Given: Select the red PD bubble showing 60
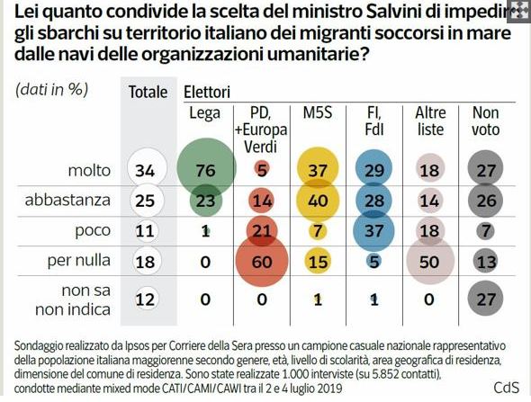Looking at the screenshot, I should coord(262,260).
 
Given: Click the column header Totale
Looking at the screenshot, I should coord(148,92).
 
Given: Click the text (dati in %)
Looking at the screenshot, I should coord(50,91).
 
